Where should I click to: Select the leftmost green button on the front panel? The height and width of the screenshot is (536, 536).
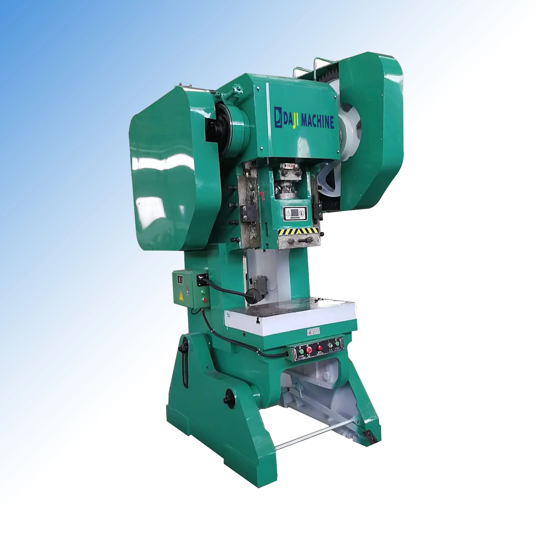302,352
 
